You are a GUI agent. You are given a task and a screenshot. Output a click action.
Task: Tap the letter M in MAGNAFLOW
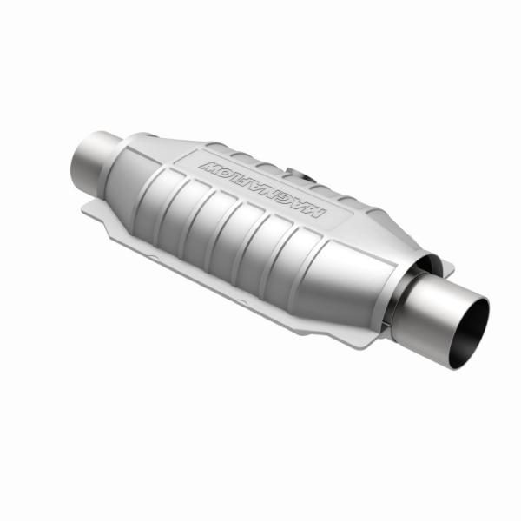(314, 211)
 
